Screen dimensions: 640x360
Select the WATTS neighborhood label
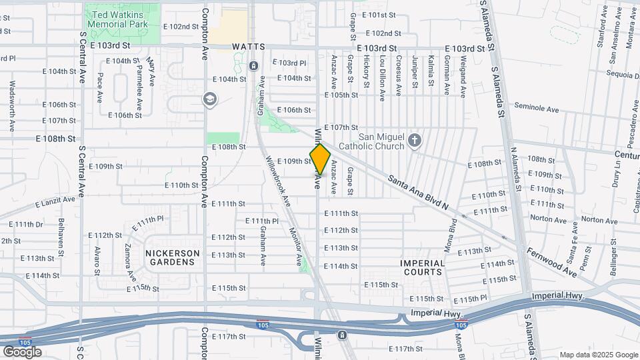[249, 47]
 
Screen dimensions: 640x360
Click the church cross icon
[415, 140]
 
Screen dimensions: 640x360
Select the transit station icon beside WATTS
[253, 65]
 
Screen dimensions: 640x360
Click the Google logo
[22, 351]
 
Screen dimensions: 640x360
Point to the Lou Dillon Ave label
[382, 77]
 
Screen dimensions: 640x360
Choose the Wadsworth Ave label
[12, 105]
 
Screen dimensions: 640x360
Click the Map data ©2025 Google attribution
[597, 355]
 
